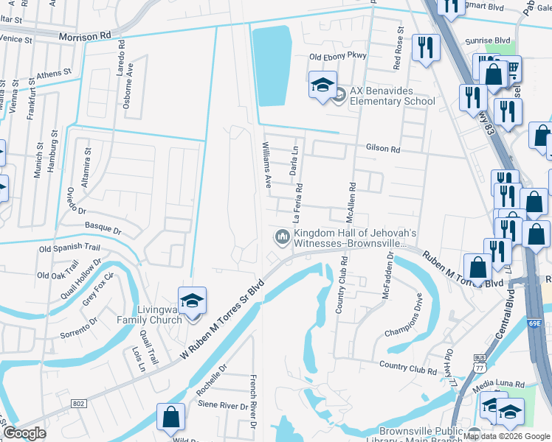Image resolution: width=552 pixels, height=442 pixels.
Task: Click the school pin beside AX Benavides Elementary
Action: (322, 86)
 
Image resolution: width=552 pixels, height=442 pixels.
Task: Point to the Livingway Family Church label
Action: (149, 315)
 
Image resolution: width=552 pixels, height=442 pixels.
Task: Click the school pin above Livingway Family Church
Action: (192, 302)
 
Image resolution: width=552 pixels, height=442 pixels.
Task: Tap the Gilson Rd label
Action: (382, 149)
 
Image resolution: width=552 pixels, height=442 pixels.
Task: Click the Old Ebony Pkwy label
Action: (337, 57)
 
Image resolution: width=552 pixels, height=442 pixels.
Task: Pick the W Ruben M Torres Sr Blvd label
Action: (222, 319)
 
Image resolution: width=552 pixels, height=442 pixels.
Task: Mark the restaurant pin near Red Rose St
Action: (425, 49)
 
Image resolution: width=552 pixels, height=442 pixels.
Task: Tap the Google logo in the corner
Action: (24, 433)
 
